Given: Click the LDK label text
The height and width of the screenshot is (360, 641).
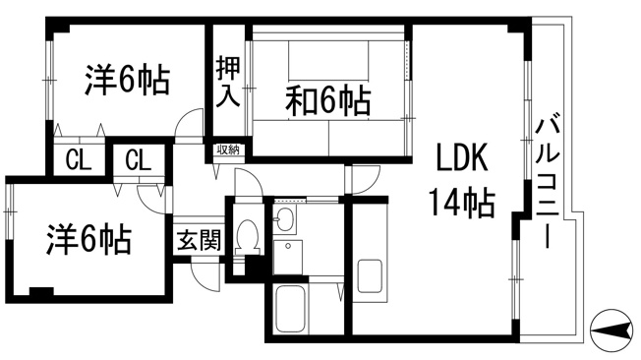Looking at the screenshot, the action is (462, 157).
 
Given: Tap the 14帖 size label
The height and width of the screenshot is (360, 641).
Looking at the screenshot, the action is (462, 202).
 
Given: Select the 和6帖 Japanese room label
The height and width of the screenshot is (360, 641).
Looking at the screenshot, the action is (328, 100).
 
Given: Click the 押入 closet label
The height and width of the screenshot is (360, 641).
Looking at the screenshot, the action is (228, 82).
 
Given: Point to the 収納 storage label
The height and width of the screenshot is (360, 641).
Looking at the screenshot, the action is (228, 150).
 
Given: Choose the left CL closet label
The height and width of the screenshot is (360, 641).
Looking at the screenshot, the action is (78, 160).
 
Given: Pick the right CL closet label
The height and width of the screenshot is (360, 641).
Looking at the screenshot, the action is (139, 160).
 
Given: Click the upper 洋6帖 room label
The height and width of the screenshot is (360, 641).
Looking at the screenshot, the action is (127, 80).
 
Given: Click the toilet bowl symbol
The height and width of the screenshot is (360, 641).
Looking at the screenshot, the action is (247, 237).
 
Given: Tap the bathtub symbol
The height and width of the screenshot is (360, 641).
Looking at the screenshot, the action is (290, 309).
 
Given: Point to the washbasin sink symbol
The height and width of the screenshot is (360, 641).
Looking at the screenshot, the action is (284, 219).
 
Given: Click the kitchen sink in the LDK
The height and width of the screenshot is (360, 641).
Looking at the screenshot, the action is (370, 276).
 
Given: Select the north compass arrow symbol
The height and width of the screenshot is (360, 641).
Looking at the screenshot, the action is (612, 330).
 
